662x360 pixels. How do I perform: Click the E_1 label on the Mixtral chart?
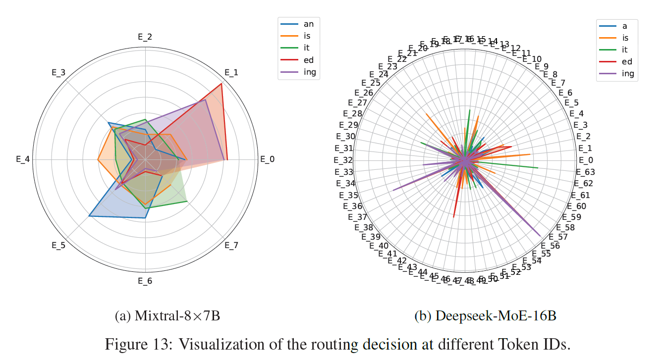[x=231, y=72]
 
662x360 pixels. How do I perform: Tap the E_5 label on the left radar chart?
[x=58, y=246]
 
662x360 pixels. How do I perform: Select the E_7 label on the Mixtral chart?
[x=231, y=246]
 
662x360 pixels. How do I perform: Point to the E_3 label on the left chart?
[x=58, y=72]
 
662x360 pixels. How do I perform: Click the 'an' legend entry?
[x=308, y=24]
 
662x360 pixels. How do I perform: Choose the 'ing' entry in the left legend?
[x=309, y=72]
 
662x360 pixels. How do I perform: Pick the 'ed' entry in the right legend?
[x=627, y=61]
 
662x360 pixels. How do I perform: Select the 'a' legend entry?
[x=624, y=25]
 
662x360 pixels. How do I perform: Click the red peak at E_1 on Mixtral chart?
[x=221, y=83]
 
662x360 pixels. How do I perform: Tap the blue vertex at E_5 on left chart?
[x=89, y=216]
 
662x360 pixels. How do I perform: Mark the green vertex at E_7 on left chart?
[x=187, y=202]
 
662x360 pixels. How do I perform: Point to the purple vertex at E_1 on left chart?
[x=205, y=100]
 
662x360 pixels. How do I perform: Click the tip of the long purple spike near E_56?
[x=541, y=236]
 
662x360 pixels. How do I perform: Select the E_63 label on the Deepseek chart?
[x=585, y=172]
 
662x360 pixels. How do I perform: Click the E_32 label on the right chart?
[x=343, y=160]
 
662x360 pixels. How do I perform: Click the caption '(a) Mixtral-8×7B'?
[x=167, y=316]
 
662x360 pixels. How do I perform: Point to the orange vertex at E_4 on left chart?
[x=98, y=160]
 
